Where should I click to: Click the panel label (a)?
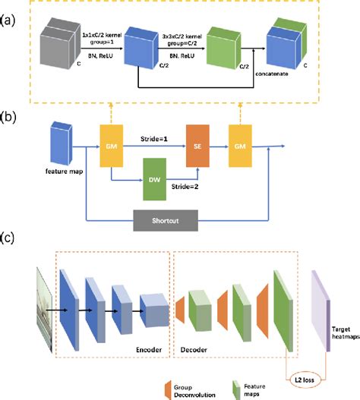click(x=10, y=14)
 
